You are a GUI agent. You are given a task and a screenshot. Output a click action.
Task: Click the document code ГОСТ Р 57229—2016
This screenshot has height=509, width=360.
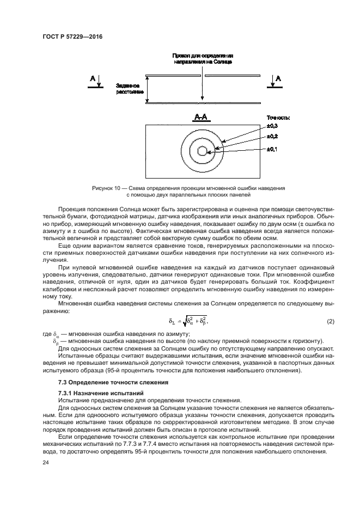point(73,36)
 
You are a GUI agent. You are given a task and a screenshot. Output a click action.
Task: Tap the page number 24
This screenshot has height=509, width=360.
point(46,462)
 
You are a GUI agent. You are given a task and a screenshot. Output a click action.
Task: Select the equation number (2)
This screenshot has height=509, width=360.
point(330,322)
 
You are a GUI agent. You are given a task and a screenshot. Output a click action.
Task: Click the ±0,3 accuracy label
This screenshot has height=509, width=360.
point(272,126)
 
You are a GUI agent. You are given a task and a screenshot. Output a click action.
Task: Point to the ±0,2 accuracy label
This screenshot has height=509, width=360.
point(272,136)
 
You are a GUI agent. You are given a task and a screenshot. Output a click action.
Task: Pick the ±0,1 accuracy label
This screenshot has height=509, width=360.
point(272,149)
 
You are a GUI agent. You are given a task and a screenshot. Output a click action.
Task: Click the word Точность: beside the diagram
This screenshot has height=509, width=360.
point(278,117)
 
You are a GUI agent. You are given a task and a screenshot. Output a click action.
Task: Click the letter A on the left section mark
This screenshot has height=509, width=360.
point(93,79)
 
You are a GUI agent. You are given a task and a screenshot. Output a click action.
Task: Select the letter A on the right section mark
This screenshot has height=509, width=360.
point(279,79)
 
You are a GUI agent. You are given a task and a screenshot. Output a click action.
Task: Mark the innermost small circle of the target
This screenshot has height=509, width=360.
point(202,151)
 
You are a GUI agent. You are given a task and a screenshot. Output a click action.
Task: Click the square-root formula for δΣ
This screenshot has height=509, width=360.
point(188,322)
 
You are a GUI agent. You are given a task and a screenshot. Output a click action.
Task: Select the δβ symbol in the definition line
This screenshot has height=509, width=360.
point(55,341)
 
